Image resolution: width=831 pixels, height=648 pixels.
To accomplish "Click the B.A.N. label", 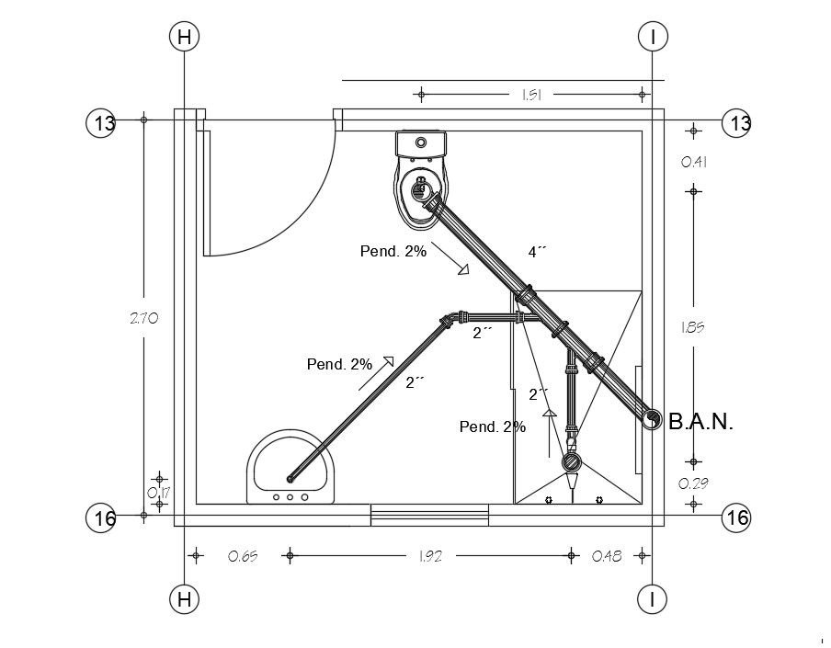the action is point(700,422).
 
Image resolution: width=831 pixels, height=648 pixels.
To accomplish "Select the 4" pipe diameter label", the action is point(537,252).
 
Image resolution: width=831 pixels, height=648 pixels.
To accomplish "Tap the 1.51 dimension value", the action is point(531,95).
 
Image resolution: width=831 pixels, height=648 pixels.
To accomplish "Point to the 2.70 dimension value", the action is point(144,318).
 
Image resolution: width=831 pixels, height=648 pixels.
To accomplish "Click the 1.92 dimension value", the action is point(430,556).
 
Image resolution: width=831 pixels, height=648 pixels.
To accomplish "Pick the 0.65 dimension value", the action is point(243,556).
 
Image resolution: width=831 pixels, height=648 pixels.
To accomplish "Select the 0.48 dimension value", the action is point(607,556).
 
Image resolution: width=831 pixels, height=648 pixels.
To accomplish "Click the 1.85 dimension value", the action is point(693,327).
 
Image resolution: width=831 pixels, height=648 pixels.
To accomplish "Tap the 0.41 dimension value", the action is point(694,162).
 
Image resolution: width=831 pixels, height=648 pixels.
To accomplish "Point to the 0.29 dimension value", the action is point(694,483).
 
